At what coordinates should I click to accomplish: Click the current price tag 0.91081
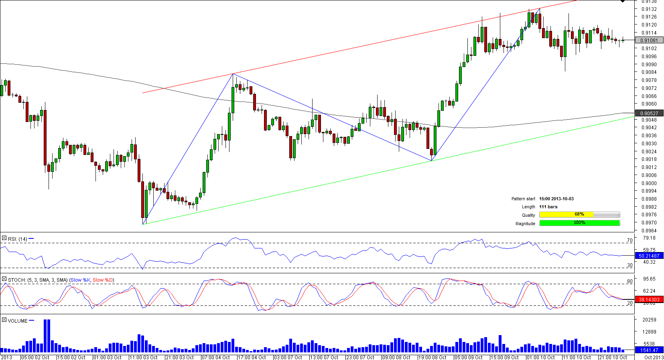click(649, 41)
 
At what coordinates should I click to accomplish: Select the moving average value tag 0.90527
click(649, 114)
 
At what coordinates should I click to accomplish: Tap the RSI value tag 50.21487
click(649, 256)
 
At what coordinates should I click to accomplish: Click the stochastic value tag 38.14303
click(649, 299)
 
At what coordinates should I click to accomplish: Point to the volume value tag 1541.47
click(649, 350)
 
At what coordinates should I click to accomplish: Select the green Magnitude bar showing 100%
click(579, 223)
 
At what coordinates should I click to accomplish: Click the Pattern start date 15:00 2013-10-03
click(556, 199)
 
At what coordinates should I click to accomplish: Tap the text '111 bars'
click(548, 207)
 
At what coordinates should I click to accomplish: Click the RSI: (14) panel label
click(17, 239)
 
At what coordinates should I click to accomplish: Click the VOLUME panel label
click(18, 321)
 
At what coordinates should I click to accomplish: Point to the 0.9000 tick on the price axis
click(649, 183)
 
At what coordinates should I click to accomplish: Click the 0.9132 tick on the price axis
click(649, 9)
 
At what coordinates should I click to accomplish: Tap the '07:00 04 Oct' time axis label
click(216, 357)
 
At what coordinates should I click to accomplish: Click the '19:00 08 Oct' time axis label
click(433, 357)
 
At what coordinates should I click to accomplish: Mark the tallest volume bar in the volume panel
click(47, 336)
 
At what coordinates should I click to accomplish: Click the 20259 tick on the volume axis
click(649, 319)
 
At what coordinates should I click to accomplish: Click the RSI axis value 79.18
click(649, 238)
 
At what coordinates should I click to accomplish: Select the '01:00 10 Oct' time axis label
click(541, 357)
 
